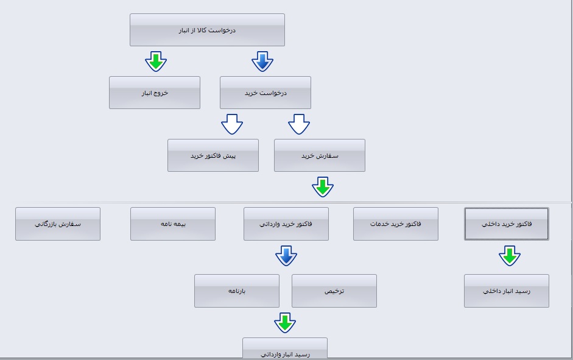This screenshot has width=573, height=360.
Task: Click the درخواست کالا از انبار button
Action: point(207,30)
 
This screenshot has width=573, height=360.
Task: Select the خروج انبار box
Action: point(155,93)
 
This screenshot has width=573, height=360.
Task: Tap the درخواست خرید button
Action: point(265,93)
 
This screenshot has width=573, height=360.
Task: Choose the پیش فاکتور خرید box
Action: point(213,155)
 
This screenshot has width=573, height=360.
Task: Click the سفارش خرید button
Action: point(320,155)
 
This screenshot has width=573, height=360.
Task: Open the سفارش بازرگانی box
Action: point(58,224)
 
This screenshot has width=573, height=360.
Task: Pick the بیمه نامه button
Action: point(173,224)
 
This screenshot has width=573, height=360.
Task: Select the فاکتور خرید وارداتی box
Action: point(286,224)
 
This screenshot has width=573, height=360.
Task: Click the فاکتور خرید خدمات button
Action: point(396,224)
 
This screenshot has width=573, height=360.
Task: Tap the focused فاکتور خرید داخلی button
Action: point(507,224)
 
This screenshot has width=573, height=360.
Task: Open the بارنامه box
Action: point(237,291)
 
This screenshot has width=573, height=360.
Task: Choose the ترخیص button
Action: point(334,291)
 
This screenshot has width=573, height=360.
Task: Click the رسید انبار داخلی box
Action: point(507,291)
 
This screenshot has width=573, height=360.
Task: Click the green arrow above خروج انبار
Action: point(156,61)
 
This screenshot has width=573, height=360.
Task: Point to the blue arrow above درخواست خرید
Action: point(262,61)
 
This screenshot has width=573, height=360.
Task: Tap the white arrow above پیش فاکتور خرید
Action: point(232,124)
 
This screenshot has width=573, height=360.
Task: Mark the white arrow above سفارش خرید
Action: point(299,124)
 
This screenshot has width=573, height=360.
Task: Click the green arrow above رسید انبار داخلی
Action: point(510,255)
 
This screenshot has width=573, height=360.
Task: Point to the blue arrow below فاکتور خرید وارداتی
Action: point(286,255)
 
